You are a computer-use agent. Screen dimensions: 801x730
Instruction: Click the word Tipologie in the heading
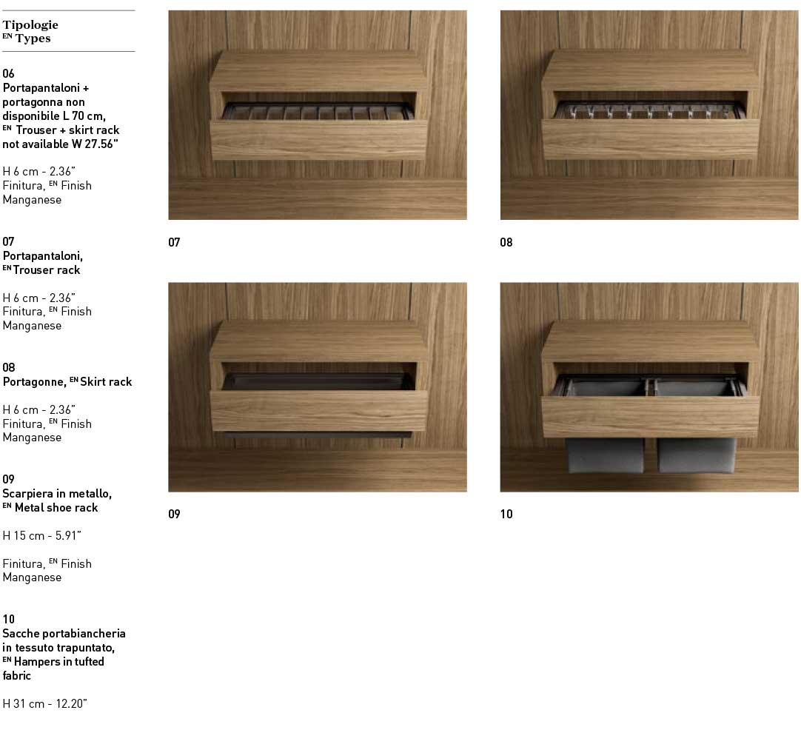[30, 24]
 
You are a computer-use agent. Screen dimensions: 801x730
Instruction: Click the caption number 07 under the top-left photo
[174, 242]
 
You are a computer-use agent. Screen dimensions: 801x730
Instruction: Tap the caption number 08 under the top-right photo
[506, 242]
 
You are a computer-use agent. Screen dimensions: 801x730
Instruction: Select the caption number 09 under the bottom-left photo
[174, 514]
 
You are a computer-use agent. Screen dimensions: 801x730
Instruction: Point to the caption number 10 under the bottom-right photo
[506, 514]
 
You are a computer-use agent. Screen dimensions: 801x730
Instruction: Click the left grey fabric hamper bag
[605, 455]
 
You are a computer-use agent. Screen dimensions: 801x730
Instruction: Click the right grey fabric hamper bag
[697, 455]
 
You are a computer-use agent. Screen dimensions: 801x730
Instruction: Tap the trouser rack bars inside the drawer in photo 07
[318, 111]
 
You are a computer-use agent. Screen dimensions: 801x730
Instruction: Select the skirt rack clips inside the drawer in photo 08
[649, 110]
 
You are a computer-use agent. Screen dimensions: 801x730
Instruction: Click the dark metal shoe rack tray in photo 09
[318, 381]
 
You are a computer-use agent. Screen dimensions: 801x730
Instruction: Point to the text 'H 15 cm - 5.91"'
[42, 535]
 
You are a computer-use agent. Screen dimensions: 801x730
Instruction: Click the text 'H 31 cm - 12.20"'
[45, 703]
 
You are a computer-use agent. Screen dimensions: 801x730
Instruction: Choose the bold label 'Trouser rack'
[47, 269]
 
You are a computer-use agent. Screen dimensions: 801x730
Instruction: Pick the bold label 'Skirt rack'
[106, 381]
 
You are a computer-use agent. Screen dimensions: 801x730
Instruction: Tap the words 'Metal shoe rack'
[56, 507]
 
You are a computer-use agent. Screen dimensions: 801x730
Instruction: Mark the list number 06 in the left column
[8, 73]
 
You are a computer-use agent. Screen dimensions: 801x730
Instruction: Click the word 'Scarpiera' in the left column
[27, 494]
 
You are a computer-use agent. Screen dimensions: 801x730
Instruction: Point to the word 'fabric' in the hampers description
[17, 675]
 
